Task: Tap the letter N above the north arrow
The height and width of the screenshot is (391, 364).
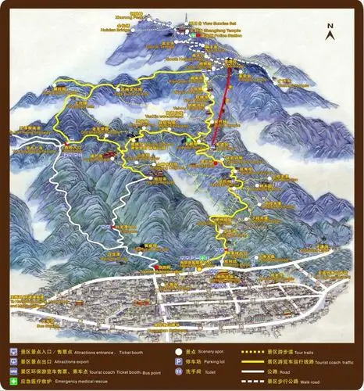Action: [x=330, y=27]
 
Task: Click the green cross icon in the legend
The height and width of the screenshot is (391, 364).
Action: [x=13, y=380]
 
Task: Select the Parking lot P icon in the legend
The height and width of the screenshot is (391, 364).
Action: [x=179, y=362]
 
